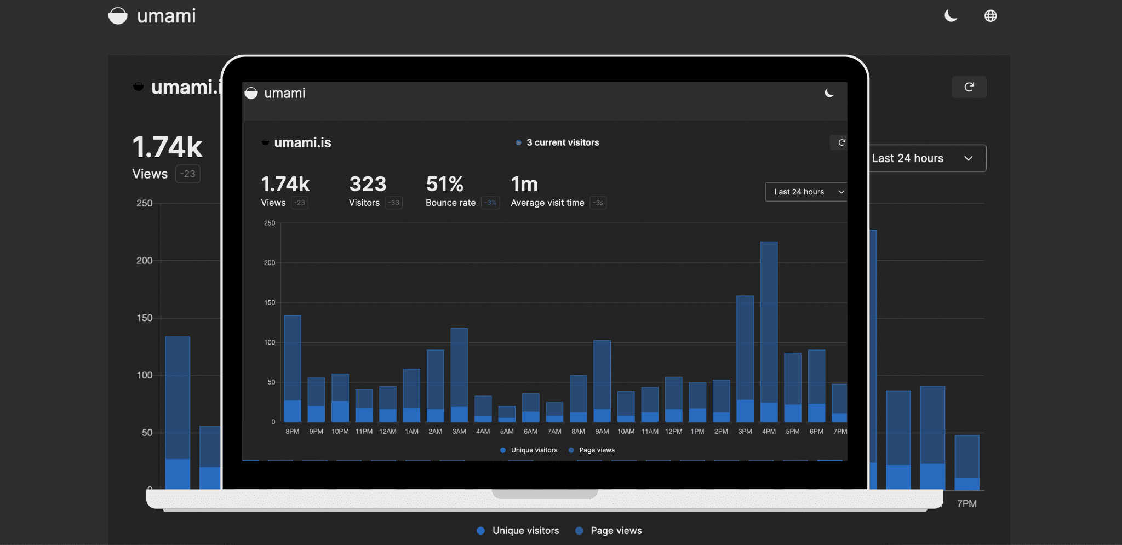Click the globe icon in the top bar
pyautogui.click(x=991, y=16)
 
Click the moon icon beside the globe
pyautogui.click(x=951, y=16)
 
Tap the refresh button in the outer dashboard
pyautogui.click(x=969, y=87)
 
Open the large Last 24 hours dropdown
pyautogui.click(x=926, y=158)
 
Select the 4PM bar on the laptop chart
pyautogui.click(x=769, y=331)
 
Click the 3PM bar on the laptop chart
pyautogui.click(x=745, y=359)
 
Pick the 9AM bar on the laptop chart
pyautogui.click(x=602, y=381)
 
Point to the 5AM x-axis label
pyautogui.click(x=507, y=432)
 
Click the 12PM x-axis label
pyautogui.click(x=673, y=432)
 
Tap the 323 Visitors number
pyautogui.click(x=368, y=185)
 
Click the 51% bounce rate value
pyautogui.click(x=444, y=185)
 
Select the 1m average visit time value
pyautogui.click(x=524, y=185)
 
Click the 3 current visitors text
pyautogui.click(x=563, y=142)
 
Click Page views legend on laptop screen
pyautogui.click(x=596, y=450)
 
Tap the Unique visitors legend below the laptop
pyautogui.click(x=525, y=531)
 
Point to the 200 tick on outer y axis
pyautogui.click(x=145, y=261)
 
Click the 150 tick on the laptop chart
pyautogui.click(x=270, y=303)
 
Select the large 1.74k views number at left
pyautogui.click(x=168, y=147)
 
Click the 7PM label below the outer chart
pyautogui.click(x=966, y=504)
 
